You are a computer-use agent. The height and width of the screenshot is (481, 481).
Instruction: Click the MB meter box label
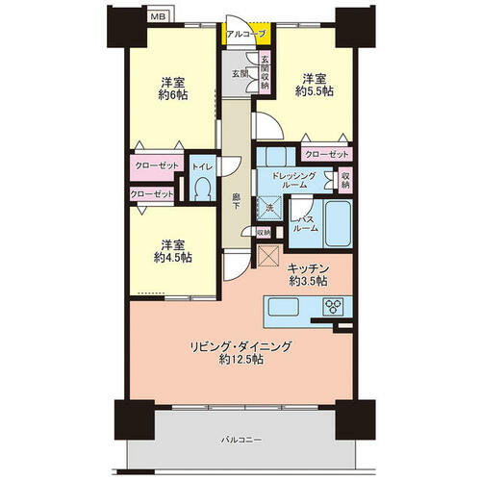pyautogui.click(x=159, y=16)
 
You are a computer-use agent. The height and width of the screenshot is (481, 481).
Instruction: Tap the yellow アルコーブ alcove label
pyautogui.click(x=246, y=34)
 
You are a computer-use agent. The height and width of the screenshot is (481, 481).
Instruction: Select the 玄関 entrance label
pyautogui.click(x=240, y=74)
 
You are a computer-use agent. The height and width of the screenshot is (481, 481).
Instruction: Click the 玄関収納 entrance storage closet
pyautogui.click(x=265, y=73)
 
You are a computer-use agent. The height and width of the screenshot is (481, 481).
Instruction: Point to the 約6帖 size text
pyautogui.click(x=173, y=95)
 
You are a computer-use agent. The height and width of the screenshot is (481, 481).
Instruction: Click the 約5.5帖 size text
pyautogui.click(x=315, y=91)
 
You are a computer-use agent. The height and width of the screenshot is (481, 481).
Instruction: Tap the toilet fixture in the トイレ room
pyautogui.click(x=202, y=190)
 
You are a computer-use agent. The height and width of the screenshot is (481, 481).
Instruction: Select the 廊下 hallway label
pyautogui.click(x=236, y=201)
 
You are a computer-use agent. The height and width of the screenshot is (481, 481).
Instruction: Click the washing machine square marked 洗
pyautogui.click(x=269, y=208)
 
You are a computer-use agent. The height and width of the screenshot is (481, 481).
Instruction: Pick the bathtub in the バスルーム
pyautogui.click(x=339, y=224)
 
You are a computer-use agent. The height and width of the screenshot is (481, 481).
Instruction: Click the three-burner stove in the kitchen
pyautogui.click(x=333, y=307)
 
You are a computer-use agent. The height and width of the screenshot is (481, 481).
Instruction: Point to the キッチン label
pyautogui.click(x=308, y=268)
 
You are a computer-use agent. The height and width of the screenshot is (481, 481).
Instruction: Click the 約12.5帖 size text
pyautogui.click(x=241, y=360)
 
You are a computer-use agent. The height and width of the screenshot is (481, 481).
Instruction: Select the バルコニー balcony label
pyautogui.click(x=241, y=440)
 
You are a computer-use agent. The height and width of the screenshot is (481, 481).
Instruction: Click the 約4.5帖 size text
pyautogui.click(x=173, y=257)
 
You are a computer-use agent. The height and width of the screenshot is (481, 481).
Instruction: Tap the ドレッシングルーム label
pyautogui.click(x=293, y=180)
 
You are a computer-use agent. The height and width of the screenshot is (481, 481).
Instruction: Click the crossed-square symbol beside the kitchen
pyautogui.click(x=269, y=256)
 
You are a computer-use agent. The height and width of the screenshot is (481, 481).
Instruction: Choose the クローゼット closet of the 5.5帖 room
pyautogui.click(x=327, y=155)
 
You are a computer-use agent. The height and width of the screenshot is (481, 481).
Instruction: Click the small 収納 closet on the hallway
pyautogui.click(x=264, y=233)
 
